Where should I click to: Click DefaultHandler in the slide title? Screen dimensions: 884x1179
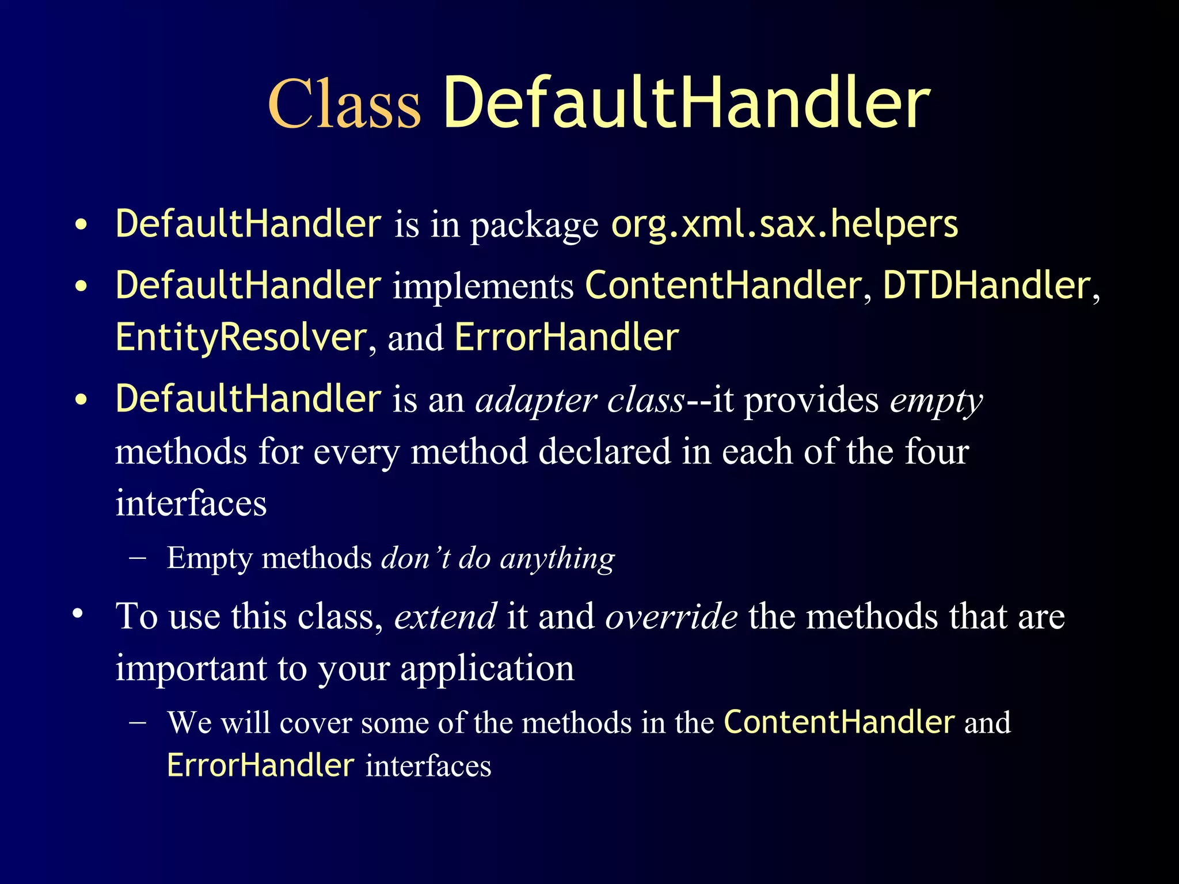(686, 104)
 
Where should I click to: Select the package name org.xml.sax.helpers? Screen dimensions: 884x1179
(784, 224)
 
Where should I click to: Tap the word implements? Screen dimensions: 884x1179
(483, 285)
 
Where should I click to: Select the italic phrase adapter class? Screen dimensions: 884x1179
(580, 399)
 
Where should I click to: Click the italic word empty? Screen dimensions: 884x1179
(936, 401)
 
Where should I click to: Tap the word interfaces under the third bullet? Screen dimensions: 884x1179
(191, 503)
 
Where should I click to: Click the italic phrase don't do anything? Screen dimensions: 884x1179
(498, 558)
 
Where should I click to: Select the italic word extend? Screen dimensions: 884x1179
(445, 616)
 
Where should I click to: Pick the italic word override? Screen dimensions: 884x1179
(671, 616)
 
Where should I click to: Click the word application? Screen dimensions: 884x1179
(487, 668)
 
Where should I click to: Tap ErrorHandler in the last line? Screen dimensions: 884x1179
(260, 765)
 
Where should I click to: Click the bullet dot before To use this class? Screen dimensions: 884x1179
(78, 614)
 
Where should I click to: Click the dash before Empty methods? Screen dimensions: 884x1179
(138, 558)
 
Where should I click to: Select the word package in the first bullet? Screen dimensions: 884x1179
(534, 225)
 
